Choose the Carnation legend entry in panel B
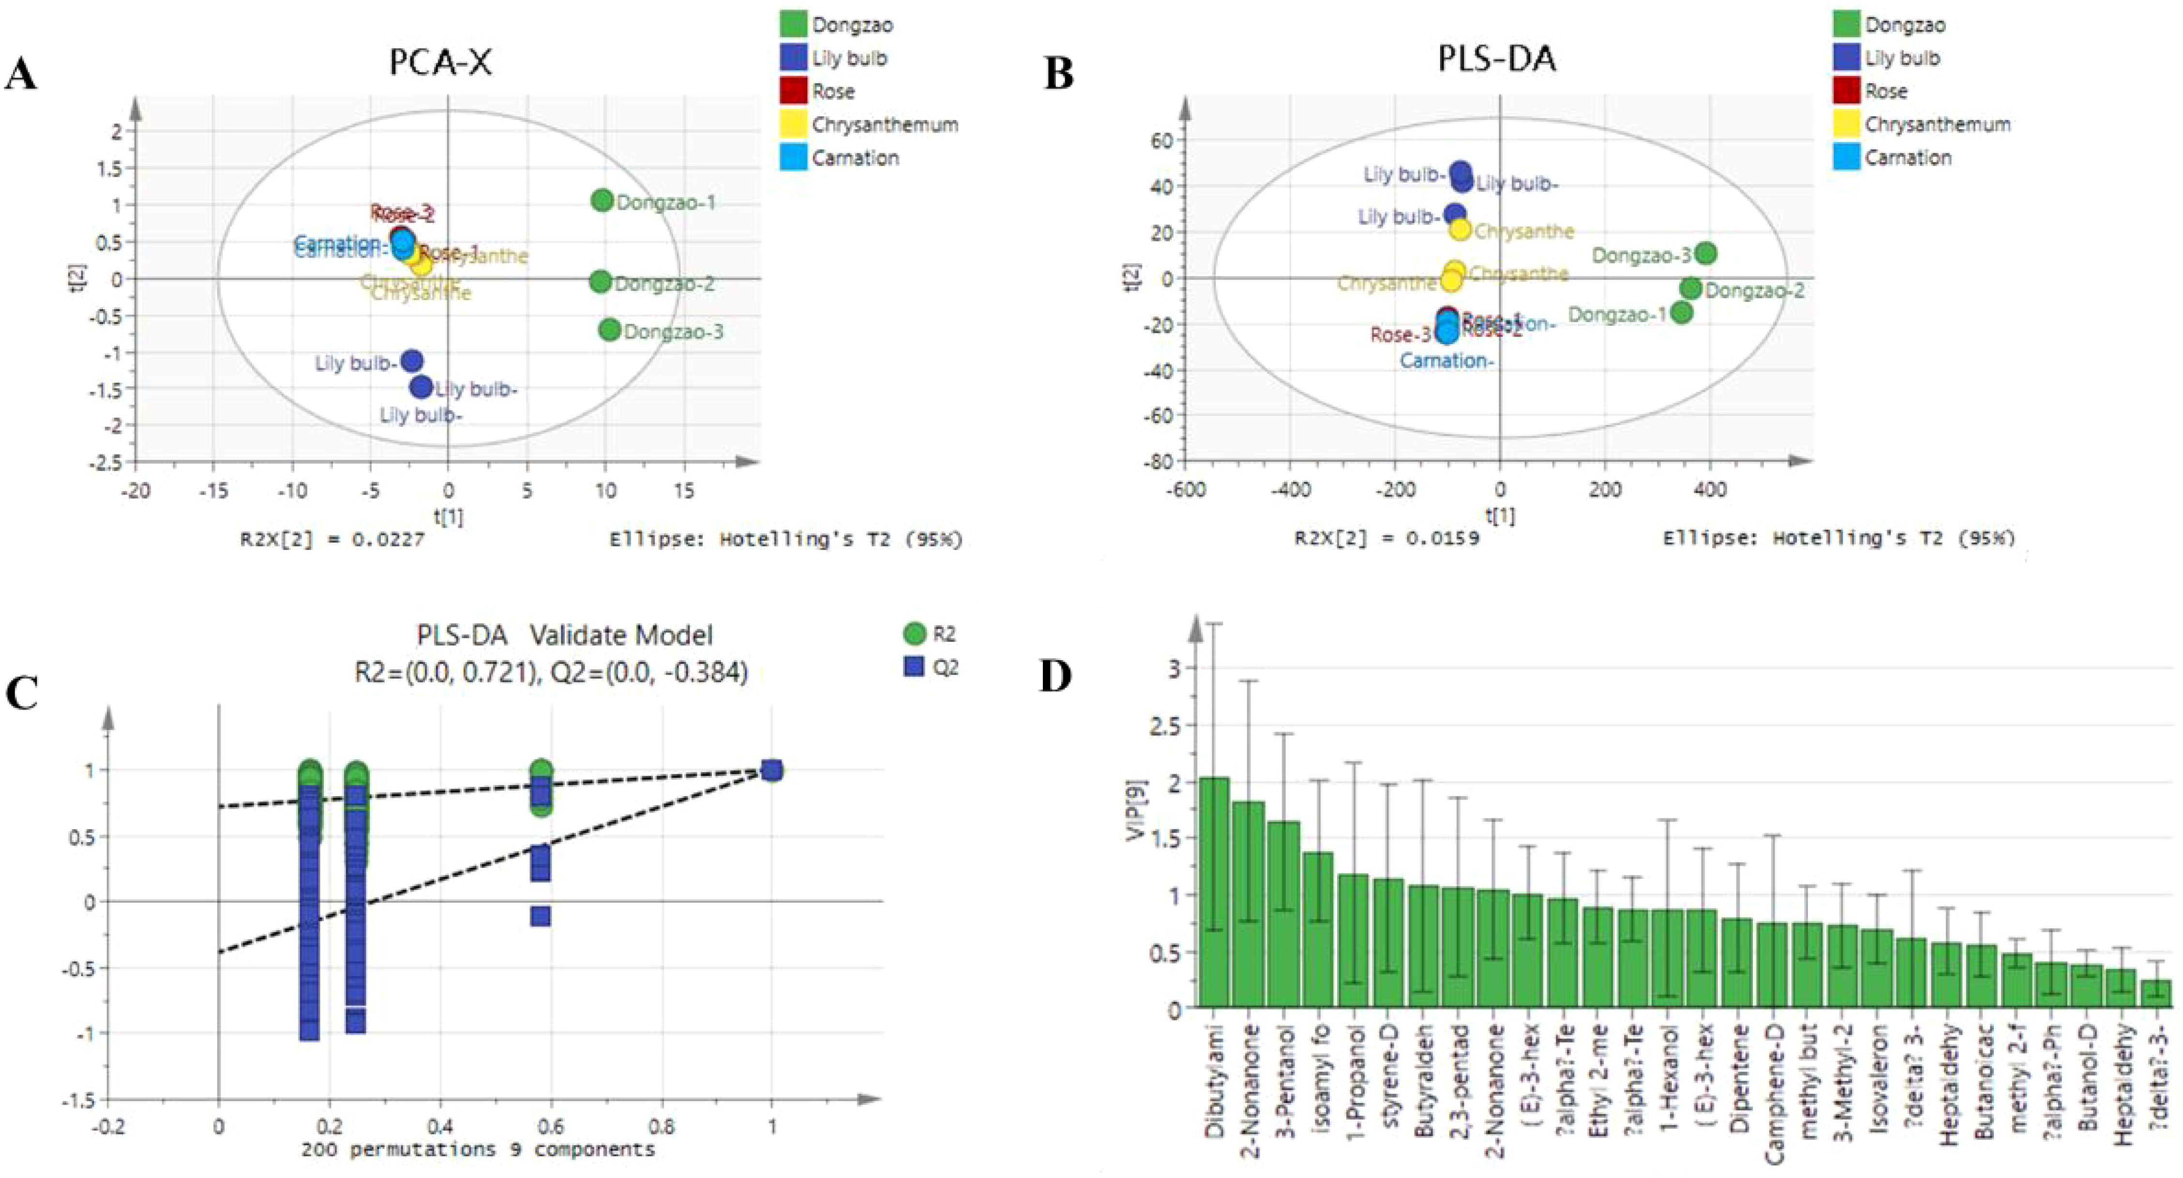coord(1907,158)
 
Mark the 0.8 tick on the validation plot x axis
coord(662,1127)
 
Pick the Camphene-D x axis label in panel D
coord(1774,1093)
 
